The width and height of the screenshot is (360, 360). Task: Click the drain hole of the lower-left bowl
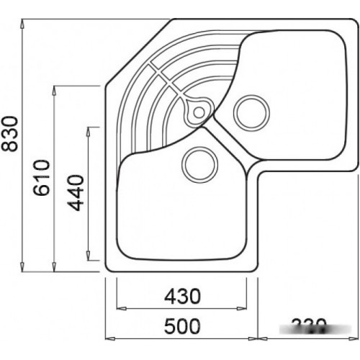coord(199,164)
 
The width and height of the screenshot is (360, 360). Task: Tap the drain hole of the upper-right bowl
coord(251,112)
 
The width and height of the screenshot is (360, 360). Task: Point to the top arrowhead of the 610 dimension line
coord(55,89)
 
